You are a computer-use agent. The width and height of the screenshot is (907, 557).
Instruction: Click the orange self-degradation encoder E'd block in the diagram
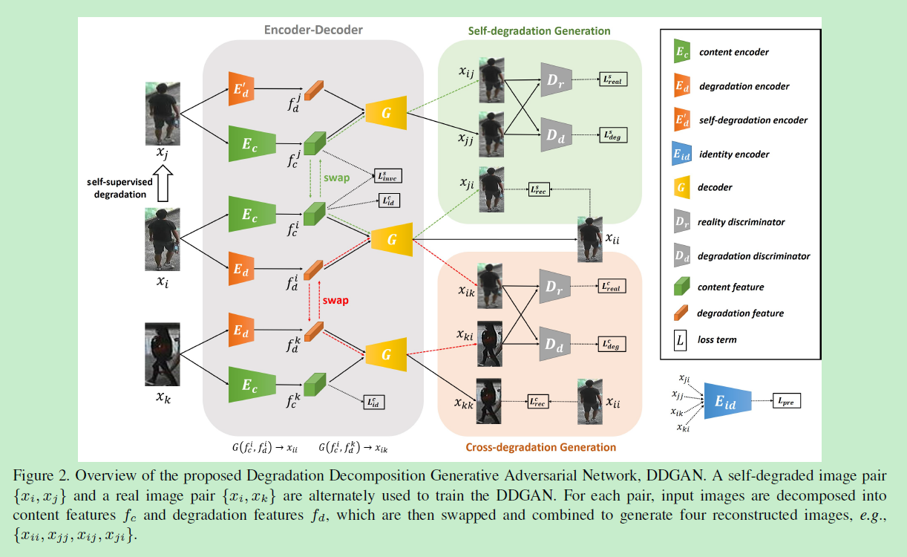click(x=242, y=91)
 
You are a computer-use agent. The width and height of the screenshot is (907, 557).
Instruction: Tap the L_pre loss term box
click(x=787, y=402)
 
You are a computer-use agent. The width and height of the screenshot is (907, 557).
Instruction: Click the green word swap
click(x=335, y=179)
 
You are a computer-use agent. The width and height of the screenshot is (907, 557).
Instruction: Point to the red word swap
click(x=335, y=301)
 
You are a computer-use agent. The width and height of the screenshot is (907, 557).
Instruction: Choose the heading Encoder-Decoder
click(x=313, y=30)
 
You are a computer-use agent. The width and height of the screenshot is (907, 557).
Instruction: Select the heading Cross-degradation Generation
click(x=540, y=447)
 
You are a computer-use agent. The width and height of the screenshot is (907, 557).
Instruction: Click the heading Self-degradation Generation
click(x=539, y=31)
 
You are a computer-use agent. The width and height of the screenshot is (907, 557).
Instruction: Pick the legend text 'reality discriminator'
click(x=741, y=221)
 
